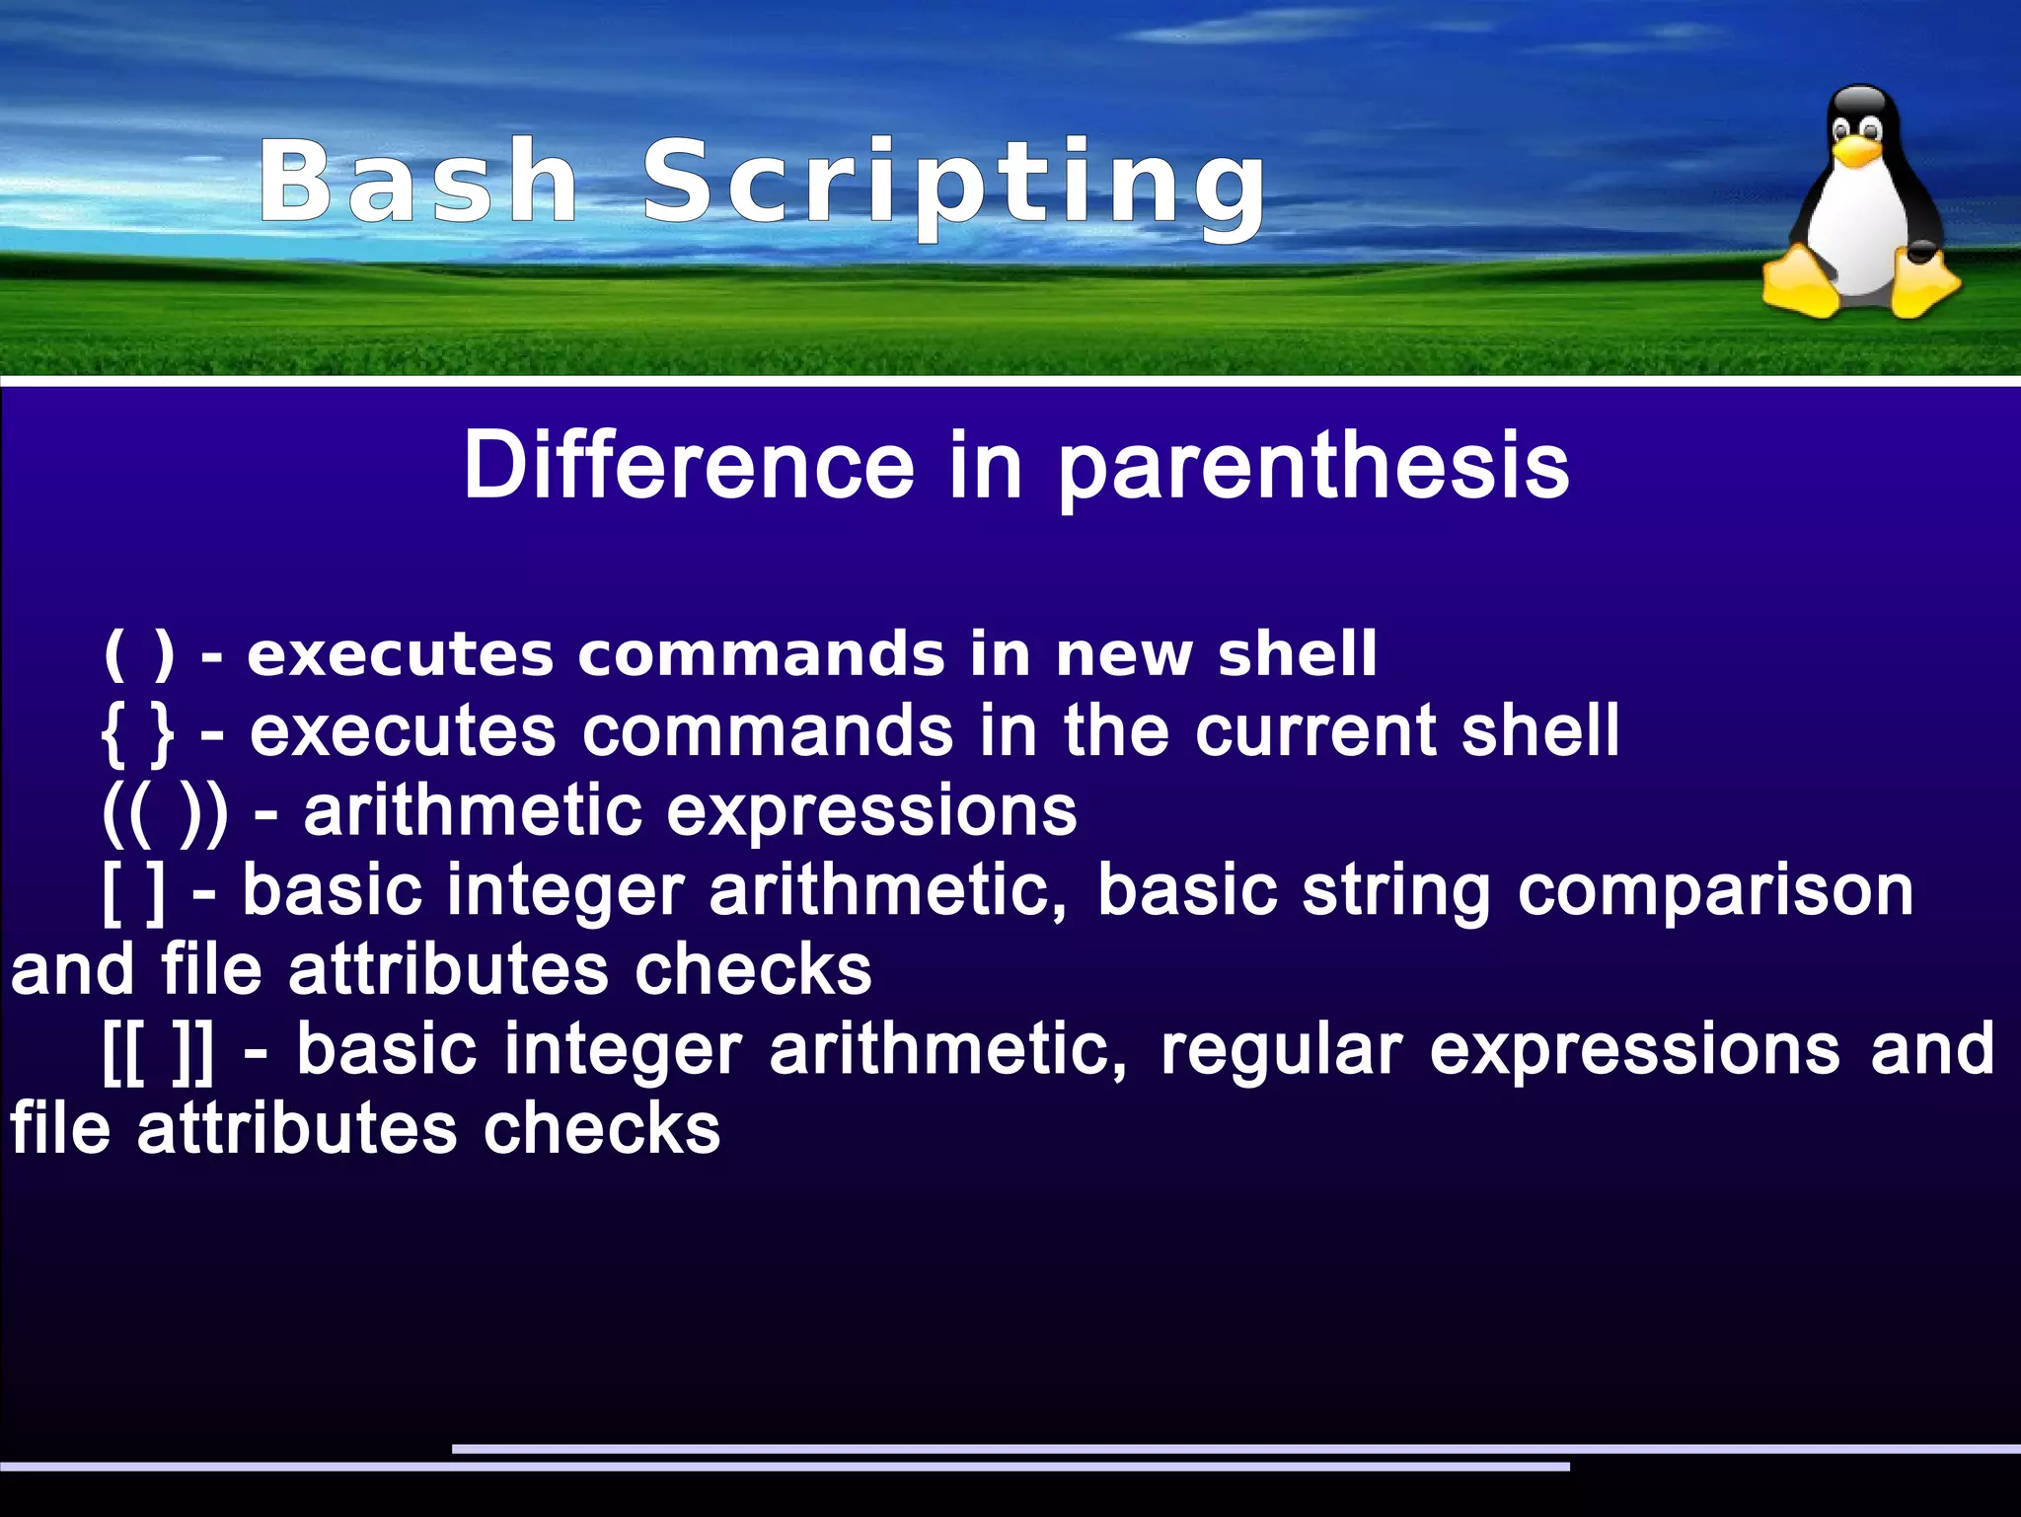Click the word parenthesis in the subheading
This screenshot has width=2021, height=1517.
click(x=1312, y=467)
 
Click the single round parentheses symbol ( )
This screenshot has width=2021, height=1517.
click(x=139, y=654)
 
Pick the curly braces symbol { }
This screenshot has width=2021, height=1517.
click(x=138, y=733)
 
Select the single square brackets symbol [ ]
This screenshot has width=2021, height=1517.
click(x=134, y=892)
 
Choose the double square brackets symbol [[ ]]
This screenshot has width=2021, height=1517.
click(x=158, y=1051)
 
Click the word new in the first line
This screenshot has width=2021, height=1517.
click(x=1123, y=655)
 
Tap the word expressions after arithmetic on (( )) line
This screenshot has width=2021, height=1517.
click(x=871, y=812)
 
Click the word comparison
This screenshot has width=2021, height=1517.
click(x=1715, y=892)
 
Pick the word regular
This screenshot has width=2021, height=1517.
click(x=1281, y=1050)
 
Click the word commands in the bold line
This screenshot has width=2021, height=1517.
click(x=761, y=655)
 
